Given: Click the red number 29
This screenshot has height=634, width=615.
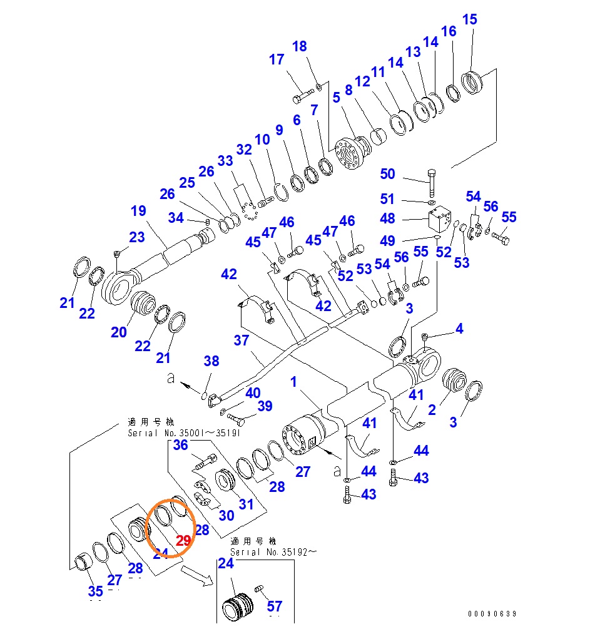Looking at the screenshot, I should (x=183, y=541).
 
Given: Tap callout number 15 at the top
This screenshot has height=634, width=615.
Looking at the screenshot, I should (x=469, y=19).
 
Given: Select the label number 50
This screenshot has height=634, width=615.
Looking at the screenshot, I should (x=388, y=174).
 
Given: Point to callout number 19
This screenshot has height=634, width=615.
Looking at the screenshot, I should (x=138, y=211).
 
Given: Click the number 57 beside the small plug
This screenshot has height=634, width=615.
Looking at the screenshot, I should (x=275, y=606).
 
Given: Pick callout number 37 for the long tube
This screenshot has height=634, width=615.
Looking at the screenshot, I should (x=241, y=340).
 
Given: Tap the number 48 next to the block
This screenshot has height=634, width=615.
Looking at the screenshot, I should (x=388, y=219).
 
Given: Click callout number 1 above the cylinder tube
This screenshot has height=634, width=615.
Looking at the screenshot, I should (x=294, y=382).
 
